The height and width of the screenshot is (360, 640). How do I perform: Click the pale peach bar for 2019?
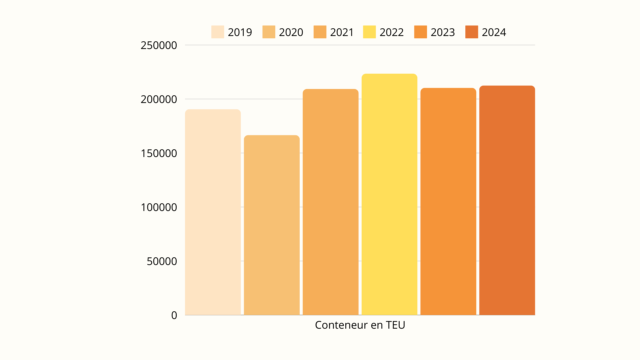[213, 212]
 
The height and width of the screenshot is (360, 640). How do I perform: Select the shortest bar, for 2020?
[272, 225]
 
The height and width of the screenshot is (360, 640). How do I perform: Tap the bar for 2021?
[330, 202]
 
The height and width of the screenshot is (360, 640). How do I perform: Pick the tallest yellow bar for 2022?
[389, 194]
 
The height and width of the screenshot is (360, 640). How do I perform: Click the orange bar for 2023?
[448, 201]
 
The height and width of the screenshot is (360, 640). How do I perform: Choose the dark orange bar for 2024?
[507, 200]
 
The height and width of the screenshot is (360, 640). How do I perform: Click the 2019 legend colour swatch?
[218, 32]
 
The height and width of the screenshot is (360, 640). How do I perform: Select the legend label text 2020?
[291, 32]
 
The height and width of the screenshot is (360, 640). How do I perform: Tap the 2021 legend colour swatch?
[320, 32]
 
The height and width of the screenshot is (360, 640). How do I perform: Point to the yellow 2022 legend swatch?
[369, 32]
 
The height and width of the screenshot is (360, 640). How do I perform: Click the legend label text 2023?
[443, 32]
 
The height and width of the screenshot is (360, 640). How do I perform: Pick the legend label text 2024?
[494, 32]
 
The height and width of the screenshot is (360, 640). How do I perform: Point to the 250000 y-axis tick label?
[159, 45]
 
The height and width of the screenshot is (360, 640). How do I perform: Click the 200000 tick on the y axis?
[159, 99]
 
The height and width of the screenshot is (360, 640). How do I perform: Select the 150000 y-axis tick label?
[159, 153]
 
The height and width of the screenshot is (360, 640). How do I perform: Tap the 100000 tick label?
[159, 207]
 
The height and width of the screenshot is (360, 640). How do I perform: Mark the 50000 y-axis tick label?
[162, 261]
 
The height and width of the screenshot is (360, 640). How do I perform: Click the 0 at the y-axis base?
[174, 315]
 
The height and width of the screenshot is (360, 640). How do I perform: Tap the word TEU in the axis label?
[395, 325]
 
